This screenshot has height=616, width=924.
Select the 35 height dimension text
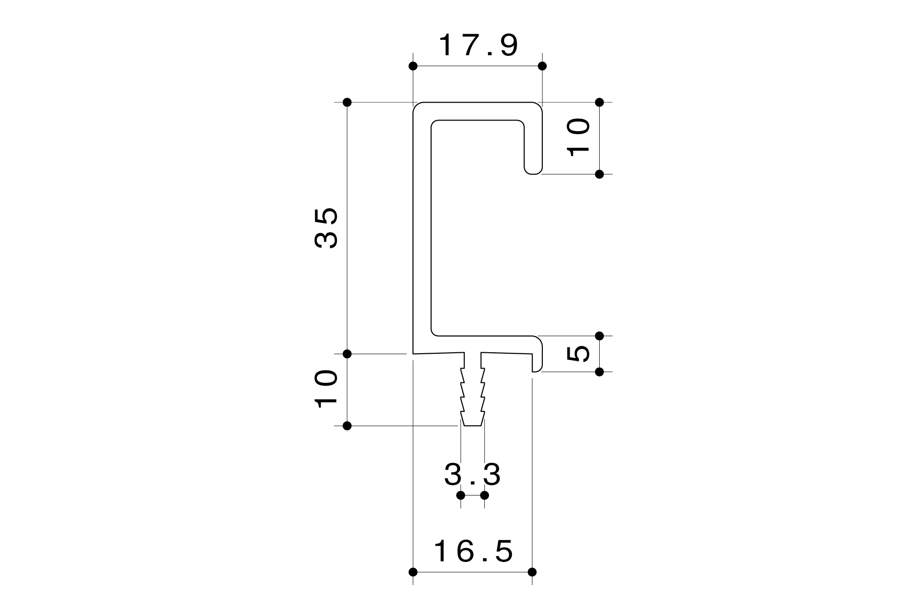[x=327, y=228]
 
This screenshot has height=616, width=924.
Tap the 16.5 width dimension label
[x=474, y=551]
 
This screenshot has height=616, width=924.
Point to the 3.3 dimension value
[x=472, y=475]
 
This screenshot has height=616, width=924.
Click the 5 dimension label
[x=578, y=354]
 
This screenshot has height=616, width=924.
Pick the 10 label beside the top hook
[x=578, y=138]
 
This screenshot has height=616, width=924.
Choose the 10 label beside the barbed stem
[x=327, y=389]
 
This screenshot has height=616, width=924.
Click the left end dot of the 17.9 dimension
[x=413, y=66]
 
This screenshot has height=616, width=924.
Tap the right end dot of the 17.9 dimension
[x=542, y=66]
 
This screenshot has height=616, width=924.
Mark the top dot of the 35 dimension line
[x=347, y=102]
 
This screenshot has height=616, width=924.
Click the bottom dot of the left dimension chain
[x=347, y=426]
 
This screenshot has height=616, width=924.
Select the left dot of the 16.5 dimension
[x=413, y=572]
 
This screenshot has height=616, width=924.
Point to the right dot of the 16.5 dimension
[x=532, y=572]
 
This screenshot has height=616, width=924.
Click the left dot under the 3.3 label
[x=461, y=495]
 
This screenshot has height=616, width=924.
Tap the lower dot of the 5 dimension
[x=600, y=372]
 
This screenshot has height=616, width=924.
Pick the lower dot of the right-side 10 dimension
[x=600, y=174]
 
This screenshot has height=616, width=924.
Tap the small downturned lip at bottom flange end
[x=536, y=366]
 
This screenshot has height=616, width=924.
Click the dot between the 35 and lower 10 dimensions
[x=347, y=354]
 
